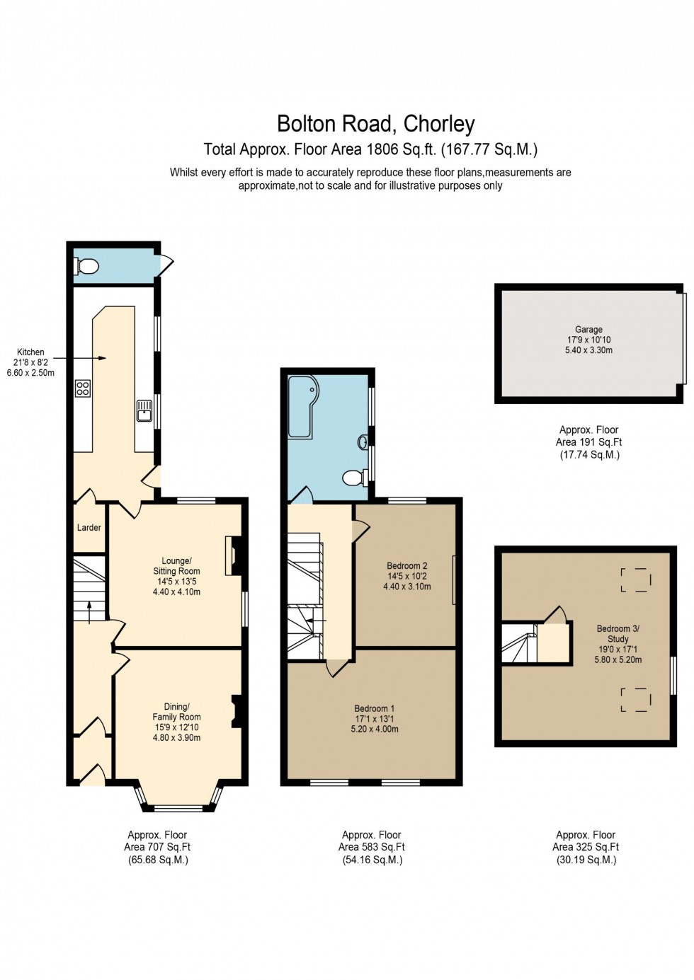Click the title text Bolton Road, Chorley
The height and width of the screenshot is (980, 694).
(375, 125)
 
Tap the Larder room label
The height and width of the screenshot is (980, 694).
(89, 528)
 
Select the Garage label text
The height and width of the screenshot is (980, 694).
(588, 330)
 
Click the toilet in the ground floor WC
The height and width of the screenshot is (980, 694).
(86, 267)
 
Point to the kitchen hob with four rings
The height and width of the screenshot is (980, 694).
(83, 388)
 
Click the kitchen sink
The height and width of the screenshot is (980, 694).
(144, 410)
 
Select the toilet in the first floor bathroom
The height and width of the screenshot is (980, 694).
(353, 478)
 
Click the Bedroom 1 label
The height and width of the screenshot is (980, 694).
(375, 708)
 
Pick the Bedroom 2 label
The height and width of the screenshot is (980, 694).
(407, 566)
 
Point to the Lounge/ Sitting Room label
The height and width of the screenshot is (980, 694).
(176, 566)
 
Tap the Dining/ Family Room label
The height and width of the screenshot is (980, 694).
(176, 712)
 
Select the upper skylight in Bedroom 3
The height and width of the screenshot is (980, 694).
(636, 580)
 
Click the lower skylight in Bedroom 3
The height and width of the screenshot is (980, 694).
(636, 700)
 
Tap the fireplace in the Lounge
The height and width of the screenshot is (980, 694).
(231, 555)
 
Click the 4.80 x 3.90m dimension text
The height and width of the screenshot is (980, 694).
(176, 737)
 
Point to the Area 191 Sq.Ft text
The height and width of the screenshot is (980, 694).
(589, 442)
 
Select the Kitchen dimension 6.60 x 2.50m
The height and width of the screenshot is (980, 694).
(30, 373)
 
